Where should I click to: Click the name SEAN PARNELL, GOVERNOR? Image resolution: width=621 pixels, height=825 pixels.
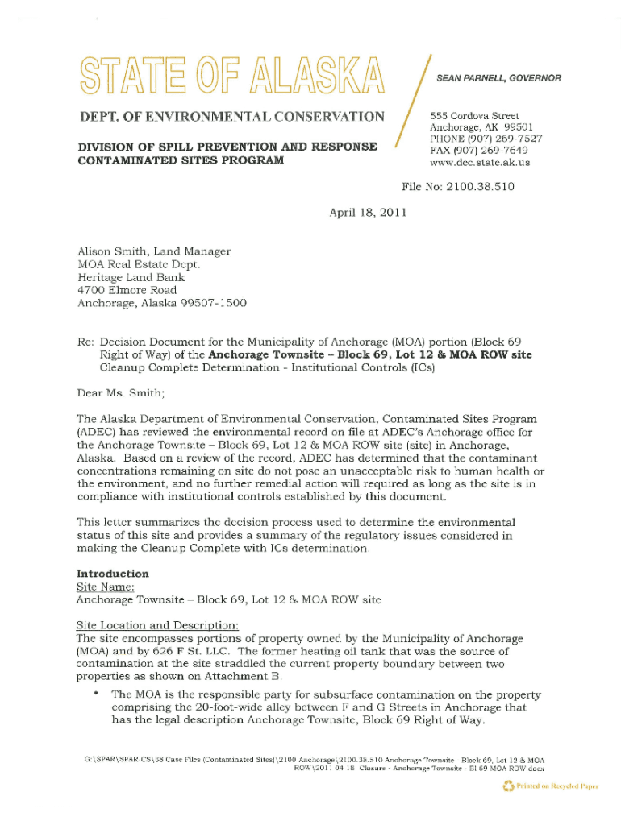pos(498,78)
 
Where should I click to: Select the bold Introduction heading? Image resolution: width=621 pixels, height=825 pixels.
pos(112,574)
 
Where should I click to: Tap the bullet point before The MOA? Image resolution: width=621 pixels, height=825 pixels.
pos(95,693)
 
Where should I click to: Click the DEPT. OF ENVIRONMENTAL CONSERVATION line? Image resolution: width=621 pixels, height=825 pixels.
pos(230,117)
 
